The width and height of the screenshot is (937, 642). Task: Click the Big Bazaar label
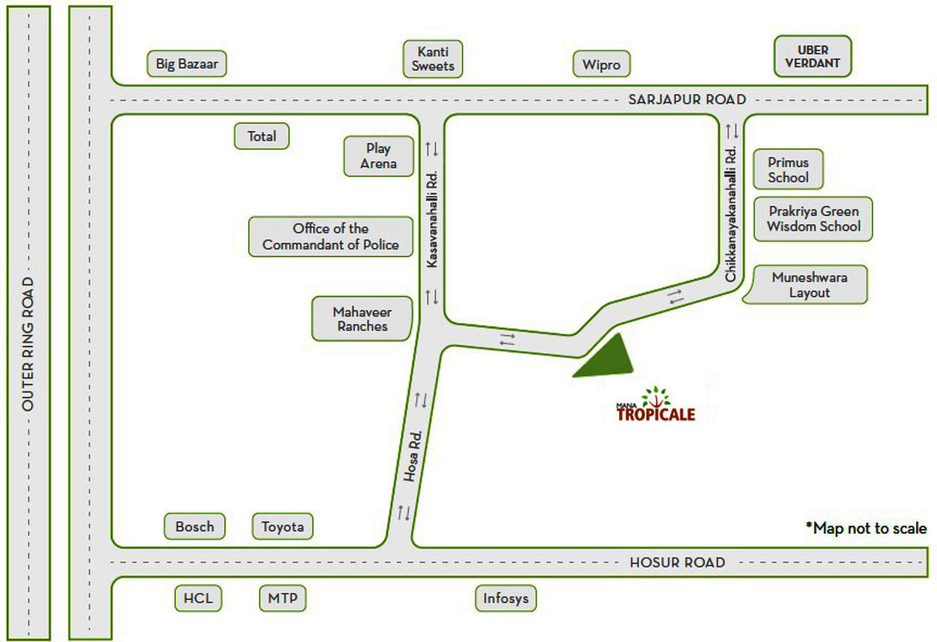pyautogui.click(x=187, y=64)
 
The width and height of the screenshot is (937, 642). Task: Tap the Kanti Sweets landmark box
pyautogui.click(x=433, y=59)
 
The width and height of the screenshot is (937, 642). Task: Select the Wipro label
pyautogui.click(x=602, y=64)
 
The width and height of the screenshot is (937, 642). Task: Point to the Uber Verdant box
pyautogui.click(x=813, y=56)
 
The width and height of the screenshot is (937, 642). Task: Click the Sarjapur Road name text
pyautogui.click(x=686, y=99)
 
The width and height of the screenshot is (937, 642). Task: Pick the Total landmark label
pyautogui.click(x=262, y=136)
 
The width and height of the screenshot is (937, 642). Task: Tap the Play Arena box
pyautogui.click(x=379, y=156)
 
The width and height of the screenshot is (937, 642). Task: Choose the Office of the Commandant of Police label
pyautogui.click(x=330, y=236)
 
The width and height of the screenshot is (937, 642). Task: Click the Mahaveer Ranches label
pyautogui.click(x=361, y=319)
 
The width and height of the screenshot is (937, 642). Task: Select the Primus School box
pyautogui.click(x=788, y=170)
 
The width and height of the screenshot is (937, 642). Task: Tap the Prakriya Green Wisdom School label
pyautogui.click(x=813, y=219)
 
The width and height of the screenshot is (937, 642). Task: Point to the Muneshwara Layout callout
pyautogui.click(x=809, y=285)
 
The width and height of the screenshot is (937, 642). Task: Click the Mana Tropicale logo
pyautogui.click(x=655, y=406)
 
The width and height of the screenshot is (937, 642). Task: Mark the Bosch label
pyautogui.click(x=194, y=526)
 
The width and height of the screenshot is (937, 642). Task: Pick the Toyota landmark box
pyautogui.click(x=283, y=526)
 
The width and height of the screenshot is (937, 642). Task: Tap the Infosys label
pyautogui.click(x=506, y=599)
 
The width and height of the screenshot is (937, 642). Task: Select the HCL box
pyautogui.click(x=198, y=599)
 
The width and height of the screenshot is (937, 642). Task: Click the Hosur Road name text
pyautogui.click(x=677, y=562)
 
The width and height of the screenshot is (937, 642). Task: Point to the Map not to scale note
pyautogui.click(x=866, y=528)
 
